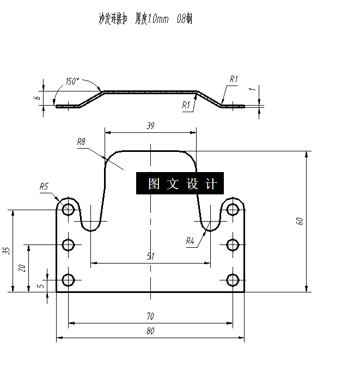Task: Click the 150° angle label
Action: click(72, 82)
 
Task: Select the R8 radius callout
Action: click(82, 142)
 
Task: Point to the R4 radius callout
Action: click(190, 241)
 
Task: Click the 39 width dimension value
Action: click(151, 126)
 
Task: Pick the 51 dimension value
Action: click(151, 257)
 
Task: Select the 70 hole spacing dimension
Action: click(151, 316)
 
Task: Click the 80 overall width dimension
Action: click(151, 331)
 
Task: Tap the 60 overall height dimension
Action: click(299, 221)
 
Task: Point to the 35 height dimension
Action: click(7, 251)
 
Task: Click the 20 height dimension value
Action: click(22, 268)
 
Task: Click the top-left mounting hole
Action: click(69, 209)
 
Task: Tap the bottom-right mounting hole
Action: click(233, 280)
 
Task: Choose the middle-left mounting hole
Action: click(69, 244)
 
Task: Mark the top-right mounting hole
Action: click(233, 209)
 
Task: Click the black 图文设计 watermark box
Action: click(179, 184)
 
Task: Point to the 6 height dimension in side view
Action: click(36, 98)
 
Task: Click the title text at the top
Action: click(145, 20)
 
